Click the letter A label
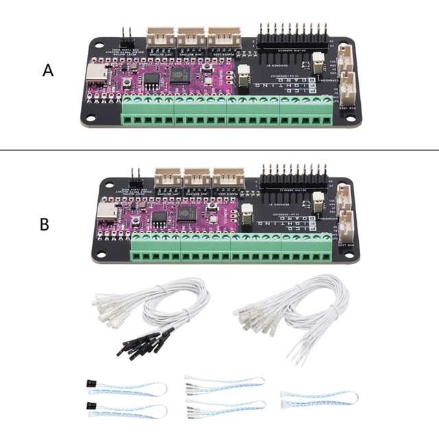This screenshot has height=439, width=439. pyautogui.click(x=47, y=71)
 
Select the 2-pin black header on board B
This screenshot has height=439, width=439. pyautogui.click(x=136, y=174)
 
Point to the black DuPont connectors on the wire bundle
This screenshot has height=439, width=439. pyautogui.click(x=144, y=343)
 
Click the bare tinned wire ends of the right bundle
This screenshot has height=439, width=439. pyautogui.click(x=296, y=355)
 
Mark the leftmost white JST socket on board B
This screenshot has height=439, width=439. pyautogui.click(x=166, y=176)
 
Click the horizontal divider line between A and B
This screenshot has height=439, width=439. pyautogui.click(x=219, y=151)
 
